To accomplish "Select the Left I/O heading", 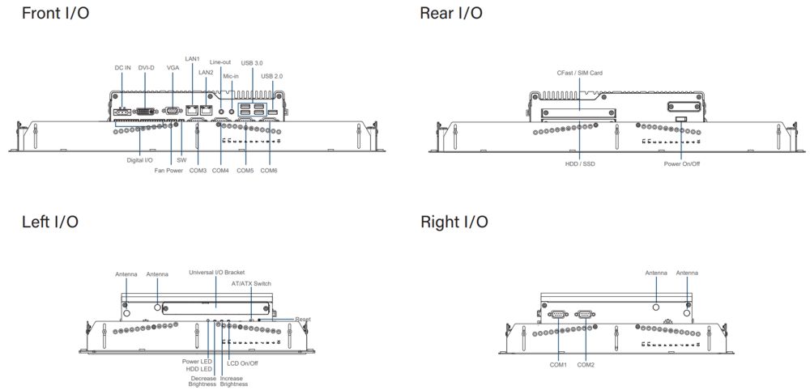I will (50, 222).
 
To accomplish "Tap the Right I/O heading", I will (454, 222).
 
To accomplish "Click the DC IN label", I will (122, 68).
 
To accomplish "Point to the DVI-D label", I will (147, 68).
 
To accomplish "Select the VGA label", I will (173, 68).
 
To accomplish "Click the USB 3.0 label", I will (252, 62).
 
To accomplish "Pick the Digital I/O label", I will (139, 160).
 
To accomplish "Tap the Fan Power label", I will (168, 171).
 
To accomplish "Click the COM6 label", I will (269, 171).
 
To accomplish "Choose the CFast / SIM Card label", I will (579, 73).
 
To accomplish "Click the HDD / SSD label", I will (580, 164).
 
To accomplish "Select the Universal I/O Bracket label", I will (216, 273).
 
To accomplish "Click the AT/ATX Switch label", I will (251, 284).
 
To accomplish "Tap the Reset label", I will (303, 320).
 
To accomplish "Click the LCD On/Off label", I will (243, 363).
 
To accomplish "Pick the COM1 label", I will (558, 365).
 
